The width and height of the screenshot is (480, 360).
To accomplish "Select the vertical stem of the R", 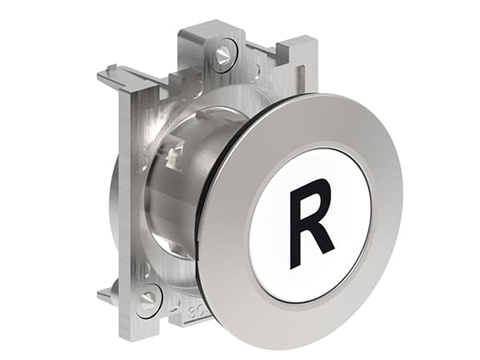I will (297, 218).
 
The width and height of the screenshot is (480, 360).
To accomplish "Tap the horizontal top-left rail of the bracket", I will (140, 76).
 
